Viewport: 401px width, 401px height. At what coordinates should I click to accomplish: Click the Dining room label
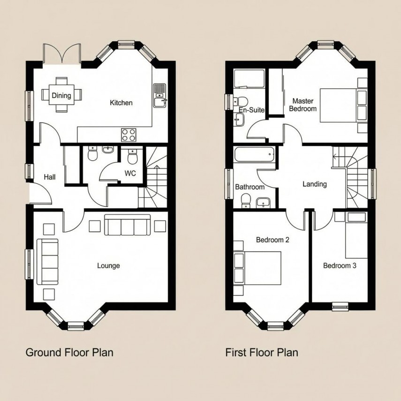(61, 96)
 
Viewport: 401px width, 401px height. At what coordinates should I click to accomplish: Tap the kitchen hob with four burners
(129, 135)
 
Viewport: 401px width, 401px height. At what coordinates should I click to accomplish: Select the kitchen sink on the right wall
(159, 95)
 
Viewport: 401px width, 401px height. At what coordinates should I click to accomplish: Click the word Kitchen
(121, 103)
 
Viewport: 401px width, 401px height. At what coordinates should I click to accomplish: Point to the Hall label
(50, 177)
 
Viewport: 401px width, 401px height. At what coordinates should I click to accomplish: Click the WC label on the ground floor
(130, 174)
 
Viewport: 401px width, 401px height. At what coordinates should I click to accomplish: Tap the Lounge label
(108, 265)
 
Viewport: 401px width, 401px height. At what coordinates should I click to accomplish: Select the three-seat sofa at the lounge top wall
(128, 225)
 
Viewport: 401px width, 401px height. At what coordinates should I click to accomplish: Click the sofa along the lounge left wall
(47, 261)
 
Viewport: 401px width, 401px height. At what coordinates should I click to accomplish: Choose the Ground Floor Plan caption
(69, 352)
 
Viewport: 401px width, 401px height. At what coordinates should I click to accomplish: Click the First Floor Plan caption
(261, 352)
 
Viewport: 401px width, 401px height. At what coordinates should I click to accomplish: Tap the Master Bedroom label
(303, 105)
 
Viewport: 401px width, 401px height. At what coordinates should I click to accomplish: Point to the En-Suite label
(251, 110)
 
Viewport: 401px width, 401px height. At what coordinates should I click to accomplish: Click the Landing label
(314, 184)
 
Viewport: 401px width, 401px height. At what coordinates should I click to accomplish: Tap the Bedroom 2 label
(272, 240)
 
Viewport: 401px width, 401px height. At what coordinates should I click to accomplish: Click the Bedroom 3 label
(340, 265)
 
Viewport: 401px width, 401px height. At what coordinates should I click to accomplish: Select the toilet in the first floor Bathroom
(245, 201)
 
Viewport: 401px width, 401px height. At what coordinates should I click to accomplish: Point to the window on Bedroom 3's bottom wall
(340, 307)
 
